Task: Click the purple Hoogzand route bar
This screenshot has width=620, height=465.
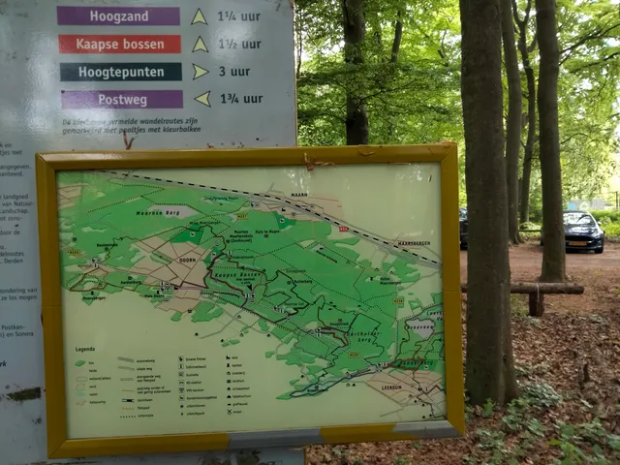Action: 118,16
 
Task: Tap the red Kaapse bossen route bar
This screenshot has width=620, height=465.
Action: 119,44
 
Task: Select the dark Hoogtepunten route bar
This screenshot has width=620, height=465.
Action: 120,72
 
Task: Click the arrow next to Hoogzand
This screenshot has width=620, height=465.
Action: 199,16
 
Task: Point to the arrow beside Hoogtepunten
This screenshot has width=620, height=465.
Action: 201,72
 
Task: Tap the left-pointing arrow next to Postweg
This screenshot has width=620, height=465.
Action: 201,98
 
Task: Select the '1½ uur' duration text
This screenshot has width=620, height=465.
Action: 238,44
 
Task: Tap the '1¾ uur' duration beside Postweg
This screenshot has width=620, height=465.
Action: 239,98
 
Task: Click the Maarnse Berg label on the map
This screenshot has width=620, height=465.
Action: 152,210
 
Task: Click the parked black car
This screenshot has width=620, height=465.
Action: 583,232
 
